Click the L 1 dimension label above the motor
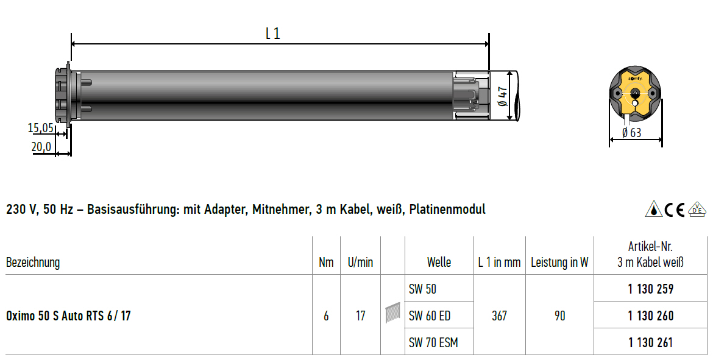tap(273, 33)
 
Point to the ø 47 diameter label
tap(503, 96)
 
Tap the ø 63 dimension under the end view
tap(631, 132)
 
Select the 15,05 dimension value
tap(41, 128)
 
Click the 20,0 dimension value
tap(41, 146)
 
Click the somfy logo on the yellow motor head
tap(635, 79)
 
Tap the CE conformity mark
tap(675, 209)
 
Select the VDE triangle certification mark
tap(697, 209)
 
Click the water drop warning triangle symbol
tap(653, 209)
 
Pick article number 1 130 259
tap(651, 289)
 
